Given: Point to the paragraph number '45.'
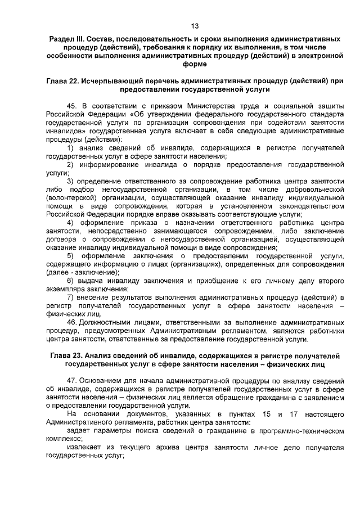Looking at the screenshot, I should pyautogui.click(x=72, y=106).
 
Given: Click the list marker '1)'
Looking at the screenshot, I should pyautogui.click(x=71, y=147).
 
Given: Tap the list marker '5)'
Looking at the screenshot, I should pyautogui.click(x=71, y=256).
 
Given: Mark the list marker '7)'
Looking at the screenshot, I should pyautogui.click(x=71, y=297).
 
